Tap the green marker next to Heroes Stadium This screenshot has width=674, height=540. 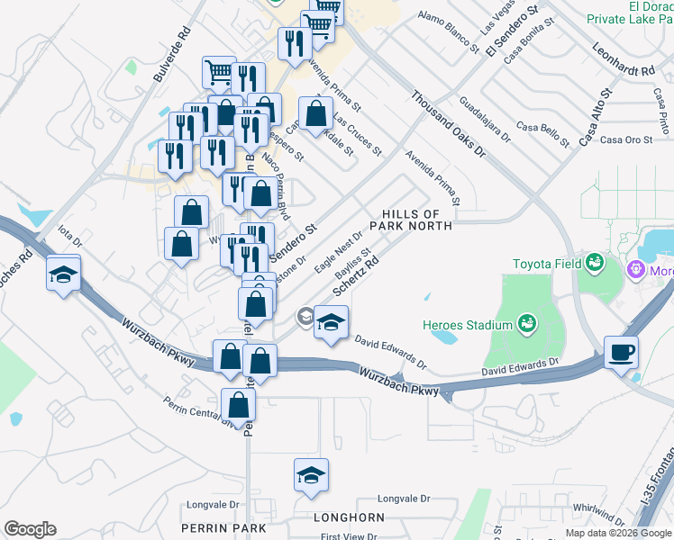[528, 323]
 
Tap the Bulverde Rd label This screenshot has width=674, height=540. [175, 54]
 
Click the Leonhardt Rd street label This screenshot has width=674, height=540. [623, 61]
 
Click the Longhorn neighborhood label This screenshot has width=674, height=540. [349, 518]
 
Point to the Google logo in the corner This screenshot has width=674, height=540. [30, 529]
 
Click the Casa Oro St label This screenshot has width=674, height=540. [625, 139]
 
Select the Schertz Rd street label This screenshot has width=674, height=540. [356, 274]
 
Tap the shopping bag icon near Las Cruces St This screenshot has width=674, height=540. [315, 113]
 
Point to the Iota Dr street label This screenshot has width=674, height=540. [70, 240]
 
